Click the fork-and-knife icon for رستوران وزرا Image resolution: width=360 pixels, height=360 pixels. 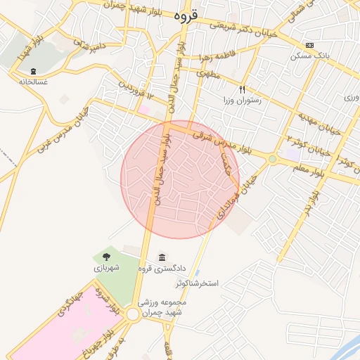242,89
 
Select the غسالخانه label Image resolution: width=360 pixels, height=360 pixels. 34,82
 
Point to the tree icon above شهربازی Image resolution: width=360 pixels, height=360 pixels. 106,257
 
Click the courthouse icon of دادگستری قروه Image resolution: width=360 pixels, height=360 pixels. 163,257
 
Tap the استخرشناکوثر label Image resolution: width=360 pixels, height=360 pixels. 198,283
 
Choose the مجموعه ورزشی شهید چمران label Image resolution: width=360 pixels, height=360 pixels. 161,307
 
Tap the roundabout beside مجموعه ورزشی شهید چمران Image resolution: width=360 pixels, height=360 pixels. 133,315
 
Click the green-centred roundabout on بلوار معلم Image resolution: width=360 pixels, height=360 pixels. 272,160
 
